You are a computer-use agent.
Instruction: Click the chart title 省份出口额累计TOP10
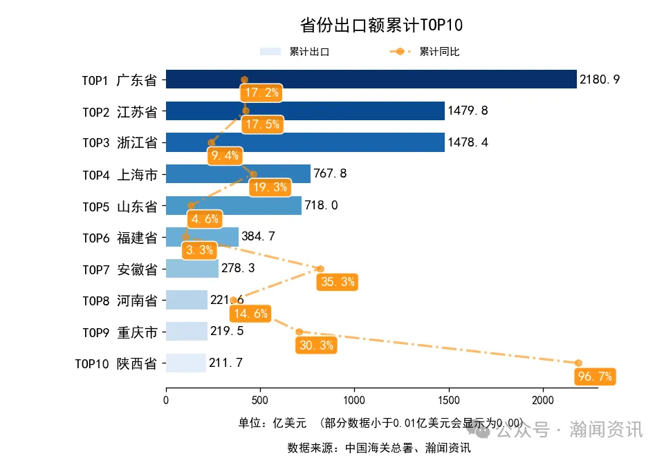point(381,26)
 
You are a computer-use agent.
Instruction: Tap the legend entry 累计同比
point(425,52)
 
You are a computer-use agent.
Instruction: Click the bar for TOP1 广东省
point(371,79)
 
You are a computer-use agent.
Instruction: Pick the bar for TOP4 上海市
point(238,173)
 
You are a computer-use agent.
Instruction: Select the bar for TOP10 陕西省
point(186,363)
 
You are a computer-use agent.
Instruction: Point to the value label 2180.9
point(600,79)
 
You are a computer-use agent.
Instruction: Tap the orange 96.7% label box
point(594,377)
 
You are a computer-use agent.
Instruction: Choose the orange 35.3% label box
point(337,282)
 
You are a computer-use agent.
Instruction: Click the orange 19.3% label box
point(269,187)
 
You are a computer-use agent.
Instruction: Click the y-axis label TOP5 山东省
point(120,206)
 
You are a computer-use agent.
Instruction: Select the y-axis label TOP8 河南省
point(120,301)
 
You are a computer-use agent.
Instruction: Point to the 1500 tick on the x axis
point(449,399)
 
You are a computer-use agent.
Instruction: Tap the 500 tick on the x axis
point(260,399)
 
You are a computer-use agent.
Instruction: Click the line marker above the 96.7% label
point(578,363)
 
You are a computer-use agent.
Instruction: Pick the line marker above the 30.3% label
point(299,332)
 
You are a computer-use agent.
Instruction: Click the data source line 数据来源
point(379,448)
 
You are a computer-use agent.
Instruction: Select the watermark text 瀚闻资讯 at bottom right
point(606,430)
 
